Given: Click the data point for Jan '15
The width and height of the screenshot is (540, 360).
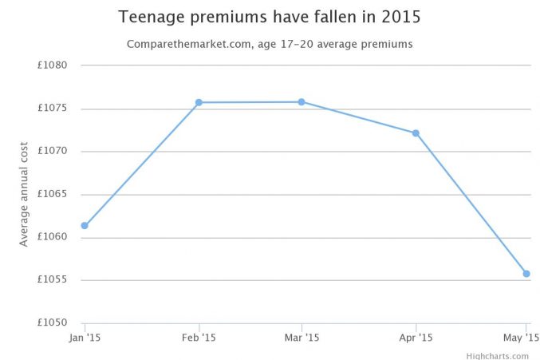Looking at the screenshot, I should pyautogui.click(x=85, y=225).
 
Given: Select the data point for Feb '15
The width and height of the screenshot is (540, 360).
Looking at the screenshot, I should pyautogui.click(x=199, y=102).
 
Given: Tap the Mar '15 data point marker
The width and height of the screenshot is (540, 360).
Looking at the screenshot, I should pyautogui.click(x=302, y=101).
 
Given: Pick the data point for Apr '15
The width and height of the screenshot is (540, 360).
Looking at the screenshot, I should pyautogui.click(x=416, y=133).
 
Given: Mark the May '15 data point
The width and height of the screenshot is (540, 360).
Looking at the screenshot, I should pyautogui.click(x=526, y=274).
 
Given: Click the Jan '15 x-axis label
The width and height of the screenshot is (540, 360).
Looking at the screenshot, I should pyautogui.click(x=85, y=338).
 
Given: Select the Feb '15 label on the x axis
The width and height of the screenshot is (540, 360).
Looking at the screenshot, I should pyautogui.click(x=199, y=338).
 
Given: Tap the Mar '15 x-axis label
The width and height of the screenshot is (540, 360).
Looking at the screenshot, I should pyautogui.click(x=302, y=338).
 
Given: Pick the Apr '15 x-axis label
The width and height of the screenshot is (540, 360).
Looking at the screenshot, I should pyautogui.click(x=416, y=338).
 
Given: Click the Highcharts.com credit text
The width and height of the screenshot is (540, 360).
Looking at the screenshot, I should pyautogui.click(x=498, y=355).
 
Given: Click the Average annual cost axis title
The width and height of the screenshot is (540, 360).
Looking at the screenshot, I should pyautogui.click(x=24, y=194).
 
